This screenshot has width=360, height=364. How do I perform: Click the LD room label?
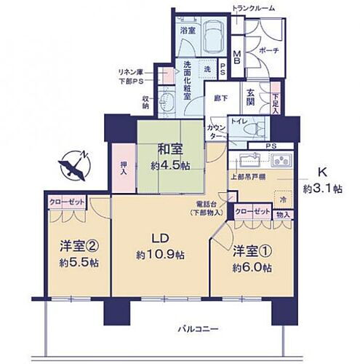coord(159,246)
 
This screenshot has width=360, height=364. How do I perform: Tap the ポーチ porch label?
coord(268,51)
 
